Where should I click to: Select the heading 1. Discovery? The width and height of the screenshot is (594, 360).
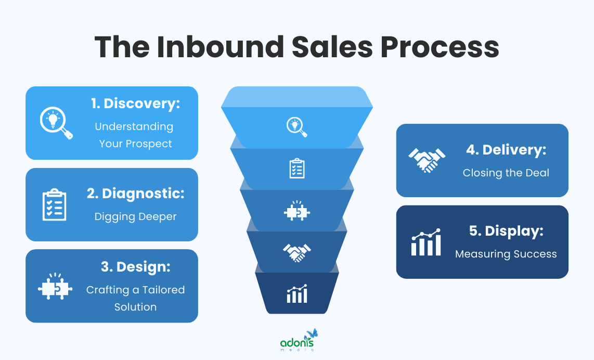point(135,103)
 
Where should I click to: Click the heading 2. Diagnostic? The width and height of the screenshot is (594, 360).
point(135,194)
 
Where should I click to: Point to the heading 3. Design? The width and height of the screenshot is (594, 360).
point(135,267)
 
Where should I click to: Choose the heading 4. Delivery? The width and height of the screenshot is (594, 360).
point(506,150)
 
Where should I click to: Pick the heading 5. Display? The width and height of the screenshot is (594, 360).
point(506,231)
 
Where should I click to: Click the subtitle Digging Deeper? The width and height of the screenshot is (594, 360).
point(135,216)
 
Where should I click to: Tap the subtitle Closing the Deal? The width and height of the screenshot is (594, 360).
point(506,173)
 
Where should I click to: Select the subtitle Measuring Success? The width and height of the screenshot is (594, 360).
point(506,254)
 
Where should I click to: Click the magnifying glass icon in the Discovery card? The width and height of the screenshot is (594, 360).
point(56,123)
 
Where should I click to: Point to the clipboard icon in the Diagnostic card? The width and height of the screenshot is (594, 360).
point(54,205)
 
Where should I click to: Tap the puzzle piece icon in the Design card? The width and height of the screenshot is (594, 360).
point(54,286)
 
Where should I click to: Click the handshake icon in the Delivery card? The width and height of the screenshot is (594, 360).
point(427,160)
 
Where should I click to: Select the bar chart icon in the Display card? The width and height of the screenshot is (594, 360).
point(426,242)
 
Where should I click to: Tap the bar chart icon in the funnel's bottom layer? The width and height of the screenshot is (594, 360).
point(296,294)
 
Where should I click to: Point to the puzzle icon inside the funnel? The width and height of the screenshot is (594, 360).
point(296,211)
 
